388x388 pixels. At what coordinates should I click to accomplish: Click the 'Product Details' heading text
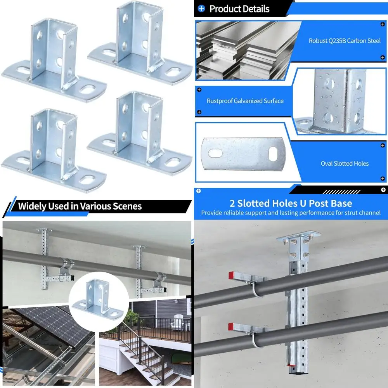coord(239,9)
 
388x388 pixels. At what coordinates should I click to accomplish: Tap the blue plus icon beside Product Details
coord(201,9)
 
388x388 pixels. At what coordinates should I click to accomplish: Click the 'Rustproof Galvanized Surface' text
coord(245,101)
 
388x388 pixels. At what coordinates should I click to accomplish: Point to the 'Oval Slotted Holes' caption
coord(345,163)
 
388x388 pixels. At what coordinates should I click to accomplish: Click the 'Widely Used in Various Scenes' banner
coord(80,206)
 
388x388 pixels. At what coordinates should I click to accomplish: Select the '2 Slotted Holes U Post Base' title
coord(291,203)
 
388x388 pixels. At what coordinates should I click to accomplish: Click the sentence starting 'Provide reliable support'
coord(291,213)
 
